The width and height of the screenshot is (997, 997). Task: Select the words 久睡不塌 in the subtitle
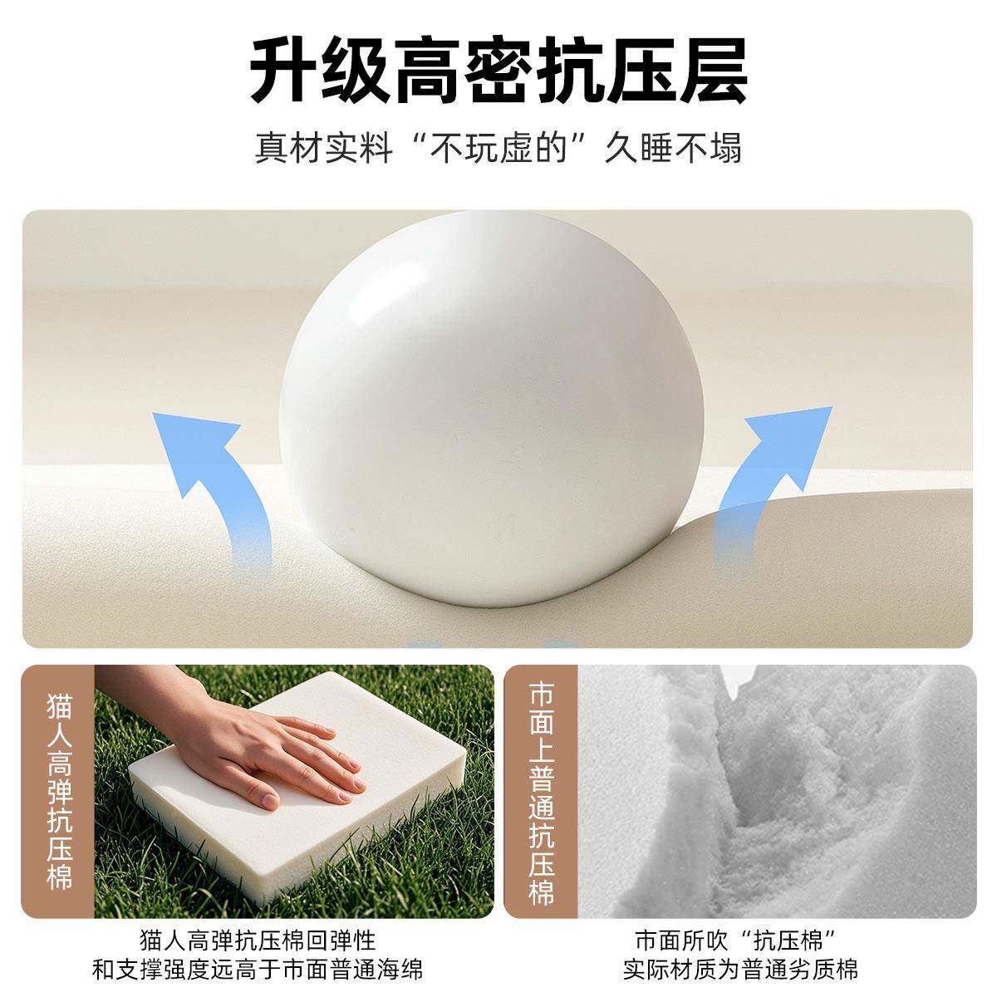672,148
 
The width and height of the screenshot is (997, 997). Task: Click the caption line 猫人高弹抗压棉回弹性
258,941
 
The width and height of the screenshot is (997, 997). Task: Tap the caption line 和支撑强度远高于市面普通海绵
258,969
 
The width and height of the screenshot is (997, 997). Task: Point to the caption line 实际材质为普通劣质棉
740,969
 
